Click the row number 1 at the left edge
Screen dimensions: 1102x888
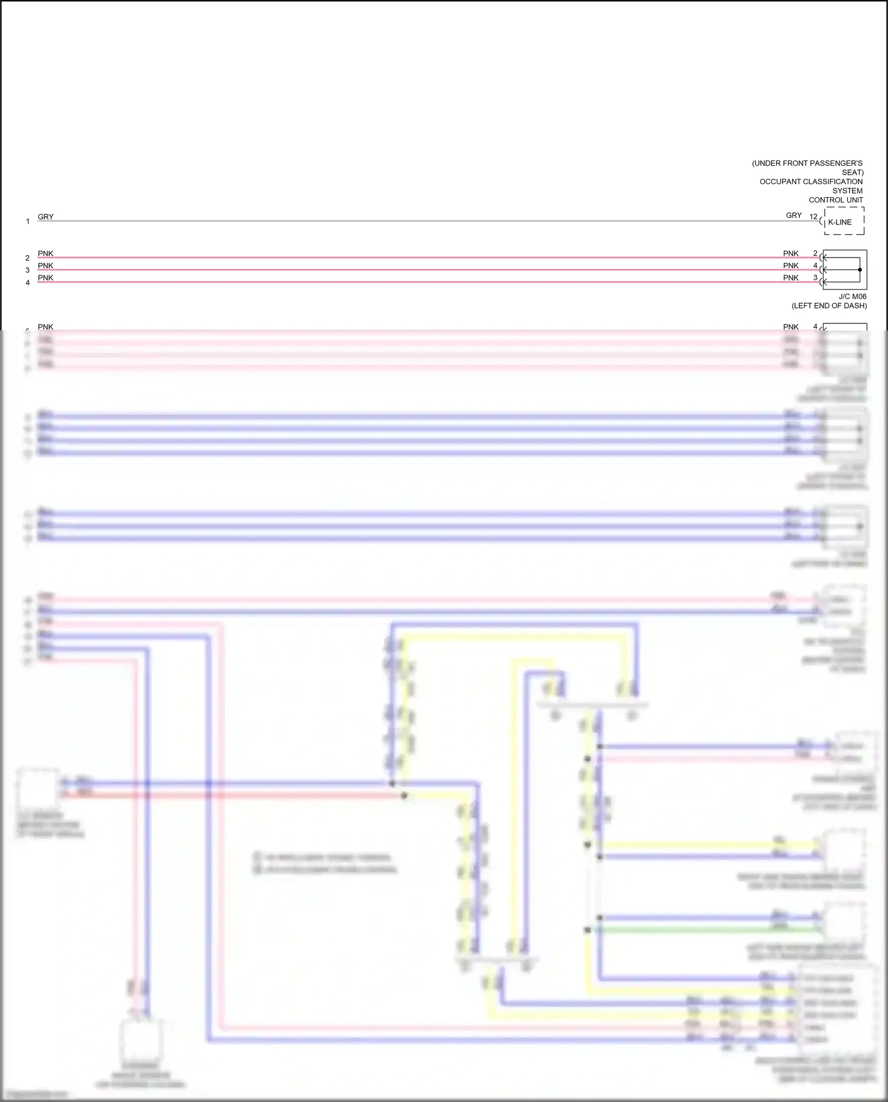click(28, 221)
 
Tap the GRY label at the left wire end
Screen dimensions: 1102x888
click(46, 217)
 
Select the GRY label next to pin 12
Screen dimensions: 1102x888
click(794, 216)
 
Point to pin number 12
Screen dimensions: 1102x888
click(813, 216)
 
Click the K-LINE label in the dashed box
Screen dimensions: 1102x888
click(840, 222)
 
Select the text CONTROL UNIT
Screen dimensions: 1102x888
click(836, 200)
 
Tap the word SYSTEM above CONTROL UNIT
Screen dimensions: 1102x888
click(848, 191)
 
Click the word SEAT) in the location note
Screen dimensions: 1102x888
click(852, 172)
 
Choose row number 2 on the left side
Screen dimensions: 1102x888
click(27, 258)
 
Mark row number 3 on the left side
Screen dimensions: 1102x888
click(27, 270)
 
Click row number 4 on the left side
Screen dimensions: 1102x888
click(27, 282)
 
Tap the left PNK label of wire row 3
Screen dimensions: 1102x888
click(46, 265)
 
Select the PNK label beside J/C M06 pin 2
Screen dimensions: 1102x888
click(791, 253)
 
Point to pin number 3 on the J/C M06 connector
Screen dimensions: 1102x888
click(815, 278)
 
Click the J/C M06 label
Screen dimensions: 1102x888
click(852, 296)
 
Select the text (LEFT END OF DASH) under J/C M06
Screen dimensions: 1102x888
click(829, 306)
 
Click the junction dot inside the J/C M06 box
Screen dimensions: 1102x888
click(860, 269)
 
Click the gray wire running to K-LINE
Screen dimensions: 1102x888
click(414, 221)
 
